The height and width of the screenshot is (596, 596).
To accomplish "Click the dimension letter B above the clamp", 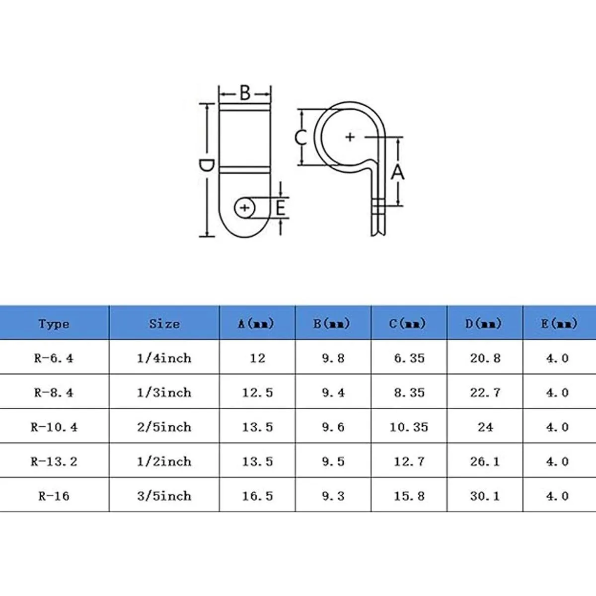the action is pos(245,93).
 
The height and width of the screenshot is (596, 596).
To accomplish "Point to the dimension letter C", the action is pos(300,138).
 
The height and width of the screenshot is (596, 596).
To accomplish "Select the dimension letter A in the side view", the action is pos(397,172).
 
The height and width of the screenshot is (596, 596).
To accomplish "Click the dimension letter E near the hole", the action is pos(280,208).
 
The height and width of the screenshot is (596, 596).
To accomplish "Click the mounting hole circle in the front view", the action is pos(245,208).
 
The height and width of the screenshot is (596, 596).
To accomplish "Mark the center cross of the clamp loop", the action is pos(350,137).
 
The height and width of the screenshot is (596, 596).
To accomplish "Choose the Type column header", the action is pos(54,324).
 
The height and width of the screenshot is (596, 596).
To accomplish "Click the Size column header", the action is pos(164,323).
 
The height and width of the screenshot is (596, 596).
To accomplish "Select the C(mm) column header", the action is pos(408,323).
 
